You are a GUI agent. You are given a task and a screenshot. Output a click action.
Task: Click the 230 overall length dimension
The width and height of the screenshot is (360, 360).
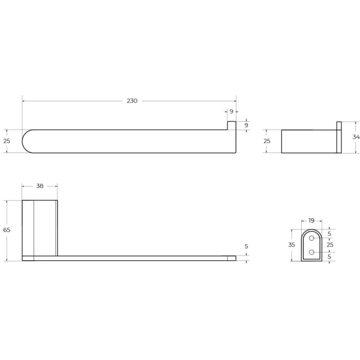click(x=132, y=101)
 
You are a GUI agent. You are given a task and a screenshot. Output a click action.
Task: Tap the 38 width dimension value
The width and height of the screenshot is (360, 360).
click(x=40, y=186)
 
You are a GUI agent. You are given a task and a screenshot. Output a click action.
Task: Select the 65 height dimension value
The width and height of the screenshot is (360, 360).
click(x=7, y=230)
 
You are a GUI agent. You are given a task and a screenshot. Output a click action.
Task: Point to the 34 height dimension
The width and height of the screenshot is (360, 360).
click(x=356, y=137)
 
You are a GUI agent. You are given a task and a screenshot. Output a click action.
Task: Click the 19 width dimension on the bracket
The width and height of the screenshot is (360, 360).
click(x=311, y=221)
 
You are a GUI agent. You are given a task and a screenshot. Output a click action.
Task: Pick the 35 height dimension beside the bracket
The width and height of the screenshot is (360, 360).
click(x=292, y=245)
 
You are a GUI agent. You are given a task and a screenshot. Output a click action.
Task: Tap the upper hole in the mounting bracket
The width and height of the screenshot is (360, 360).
click(x=311, y=238)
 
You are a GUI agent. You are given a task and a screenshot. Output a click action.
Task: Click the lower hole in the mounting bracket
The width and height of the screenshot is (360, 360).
click(x=311, y=253)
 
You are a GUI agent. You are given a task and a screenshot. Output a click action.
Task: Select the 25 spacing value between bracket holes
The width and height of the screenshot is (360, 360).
click(x=330, y=245)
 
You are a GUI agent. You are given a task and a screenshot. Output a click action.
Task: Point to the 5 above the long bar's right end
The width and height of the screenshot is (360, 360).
click(x=247, y=247)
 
